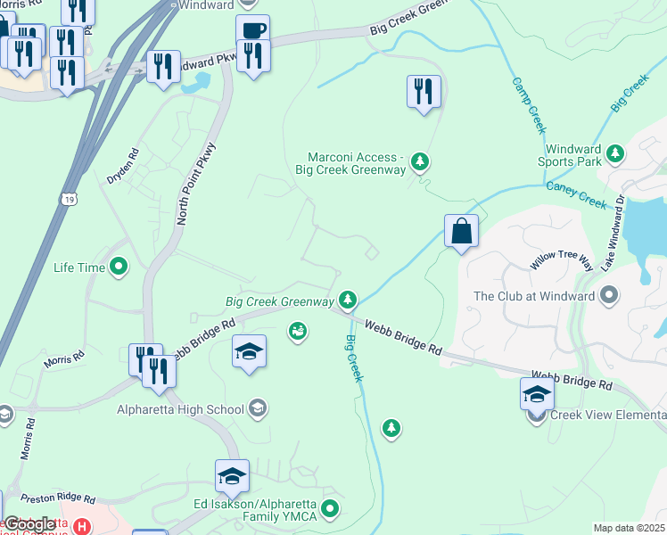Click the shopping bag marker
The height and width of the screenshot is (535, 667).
point(462,232)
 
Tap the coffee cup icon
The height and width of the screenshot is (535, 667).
point(253,30)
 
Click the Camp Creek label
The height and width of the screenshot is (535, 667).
point(528,104)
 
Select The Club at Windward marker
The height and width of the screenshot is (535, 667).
point(611,294)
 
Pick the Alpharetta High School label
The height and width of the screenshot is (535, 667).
point(181,409)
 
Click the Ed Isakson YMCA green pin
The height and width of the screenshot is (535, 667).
point(331,510)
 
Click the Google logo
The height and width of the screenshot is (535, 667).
point(29,524)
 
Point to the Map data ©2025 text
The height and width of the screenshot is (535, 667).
point(629,528)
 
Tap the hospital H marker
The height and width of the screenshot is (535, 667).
point(82,527)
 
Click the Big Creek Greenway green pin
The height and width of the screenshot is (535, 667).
point(348,300)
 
